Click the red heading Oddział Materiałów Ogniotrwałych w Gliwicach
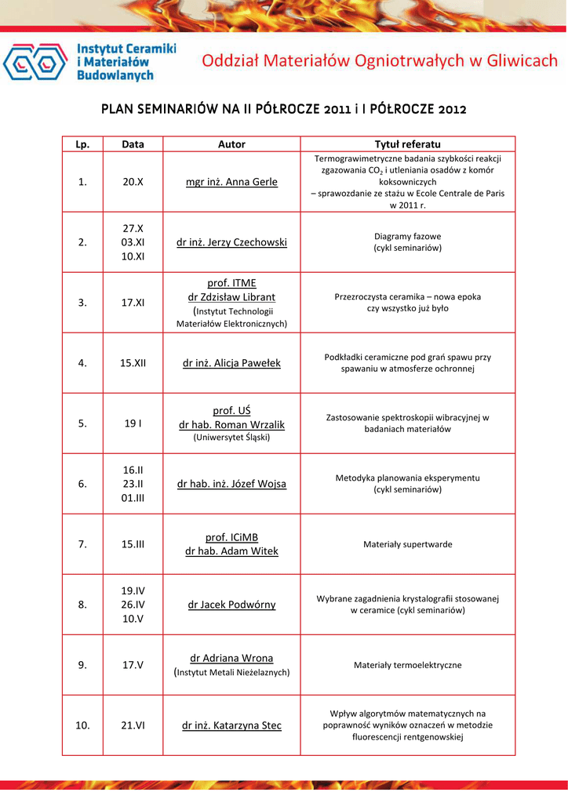tap(380, 61)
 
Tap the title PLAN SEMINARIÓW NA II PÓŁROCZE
tap(283, 109)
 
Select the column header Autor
tap(231, 144)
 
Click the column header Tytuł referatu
tap(407, 144)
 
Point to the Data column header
tap(133, 144)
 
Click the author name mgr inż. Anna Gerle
tap(231, 182)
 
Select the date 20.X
tap(133, 182)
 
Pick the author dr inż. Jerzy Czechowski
tap(231, 242)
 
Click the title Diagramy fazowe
tap(407, 236)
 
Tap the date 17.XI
tap(133, 303)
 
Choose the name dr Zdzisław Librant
tap(231, 297)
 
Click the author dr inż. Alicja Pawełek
tap(231, 363)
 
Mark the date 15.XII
tap(133, 363)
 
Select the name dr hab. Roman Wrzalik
tap(231, 424)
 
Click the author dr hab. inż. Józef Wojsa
tap(231, 484)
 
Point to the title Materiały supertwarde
tap(407, 544)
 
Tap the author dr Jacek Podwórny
tap(231, 605)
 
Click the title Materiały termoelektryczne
tap(407, 665)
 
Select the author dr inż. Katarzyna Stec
tap(231, 725)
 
